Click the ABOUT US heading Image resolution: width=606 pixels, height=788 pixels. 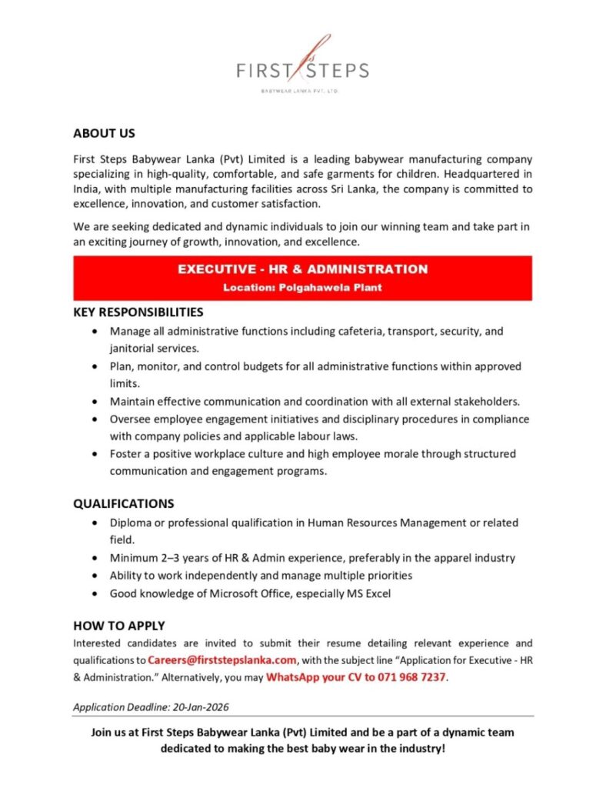pos(104,133)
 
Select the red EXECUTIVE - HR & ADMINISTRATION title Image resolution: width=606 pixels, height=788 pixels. pos(302,269)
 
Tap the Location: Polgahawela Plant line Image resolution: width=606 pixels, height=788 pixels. pos(302,288)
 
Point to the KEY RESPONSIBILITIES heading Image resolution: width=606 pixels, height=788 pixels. pos(138,312)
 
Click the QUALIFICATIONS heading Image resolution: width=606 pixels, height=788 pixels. pos(124,503)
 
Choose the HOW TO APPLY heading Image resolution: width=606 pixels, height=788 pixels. pos(119,626)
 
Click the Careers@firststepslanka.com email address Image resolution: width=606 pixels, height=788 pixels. pos(222,659)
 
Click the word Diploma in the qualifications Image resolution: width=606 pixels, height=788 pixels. pos(131,523)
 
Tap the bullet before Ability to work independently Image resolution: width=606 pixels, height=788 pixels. pos(94,576)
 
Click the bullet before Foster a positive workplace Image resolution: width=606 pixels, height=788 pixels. pos(94,454)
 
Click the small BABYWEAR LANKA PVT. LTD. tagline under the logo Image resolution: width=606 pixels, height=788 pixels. pos(302,91)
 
